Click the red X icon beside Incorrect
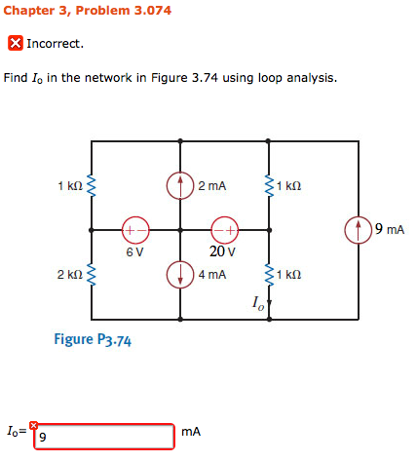tap(15, 44)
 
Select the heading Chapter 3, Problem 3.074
tap(88, 12)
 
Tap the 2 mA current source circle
tap(180, 183)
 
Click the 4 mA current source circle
tap(180, 275)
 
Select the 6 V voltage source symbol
tap(134, 230)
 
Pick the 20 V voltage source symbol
tap(223, 230)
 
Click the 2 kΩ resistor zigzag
tap(93, 276)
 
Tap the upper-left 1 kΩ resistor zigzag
tap(93, 184)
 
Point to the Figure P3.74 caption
tap(94, 341)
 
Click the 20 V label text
tap(222, 250)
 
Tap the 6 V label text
tap(134, 250)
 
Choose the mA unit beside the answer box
tap(192, 432)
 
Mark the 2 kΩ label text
tap(69, 276)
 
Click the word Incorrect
tap(56, 44)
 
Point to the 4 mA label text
tap(212, 275)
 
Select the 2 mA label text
tap(211, 184)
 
